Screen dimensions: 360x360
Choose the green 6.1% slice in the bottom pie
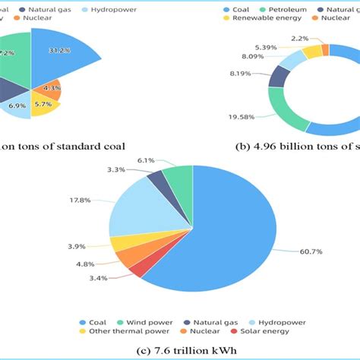179,176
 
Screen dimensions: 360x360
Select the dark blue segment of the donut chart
279,76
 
